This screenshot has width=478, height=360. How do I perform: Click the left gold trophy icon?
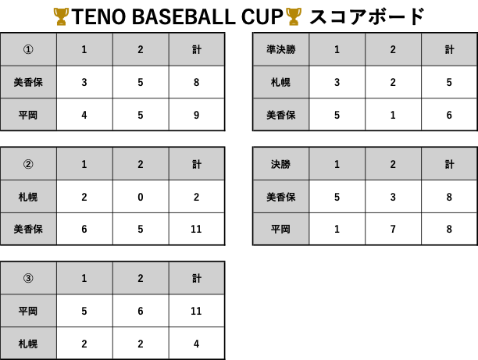coord(61,16)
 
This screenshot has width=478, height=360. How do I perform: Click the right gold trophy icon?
coord(293,16)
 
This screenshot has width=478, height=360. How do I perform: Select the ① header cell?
coord(28,50)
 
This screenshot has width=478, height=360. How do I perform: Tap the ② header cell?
coord(28,164)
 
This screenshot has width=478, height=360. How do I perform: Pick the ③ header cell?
coord(28,278)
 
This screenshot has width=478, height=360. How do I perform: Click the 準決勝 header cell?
coord(280,50)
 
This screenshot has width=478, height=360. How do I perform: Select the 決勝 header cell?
coord(280,164)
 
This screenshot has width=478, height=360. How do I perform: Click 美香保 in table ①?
coord(28,82)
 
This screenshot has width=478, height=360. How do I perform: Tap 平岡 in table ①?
coord(28,115)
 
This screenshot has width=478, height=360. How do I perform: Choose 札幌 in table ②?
coord(28,197)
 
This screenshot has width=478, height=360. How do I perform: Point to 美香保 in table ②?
coord(28,229)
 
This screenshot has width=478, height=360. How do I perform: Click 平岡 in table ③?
coord(28,311)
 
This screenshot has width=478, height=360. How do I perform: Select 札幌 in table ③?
coord(28,343)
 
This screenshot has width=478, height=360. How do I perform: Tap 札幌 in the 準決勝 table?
coord(280,82)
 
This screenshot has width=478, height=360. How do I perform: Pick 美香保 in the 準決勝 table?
coord(280,115)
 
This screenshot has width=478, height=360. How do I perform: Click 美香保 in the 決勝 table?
coord(280,197)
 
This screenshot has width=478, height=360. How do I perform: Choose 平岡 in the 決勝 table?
coord(280,229)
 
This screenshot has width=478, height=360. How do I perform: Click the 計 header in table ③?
coord(197,278)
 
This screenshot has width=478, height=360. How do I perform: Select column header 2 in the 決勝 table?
coord(393,164)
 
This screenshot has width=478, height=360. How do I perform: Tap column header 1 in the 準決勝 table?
coord(337,50)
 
